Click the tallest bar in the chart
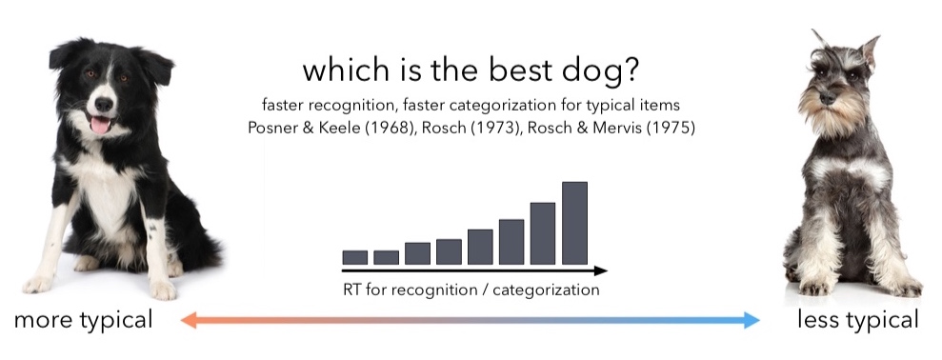(574, 223)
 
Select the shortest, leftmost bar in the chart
(354, 257)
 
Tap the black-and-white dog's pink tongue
(100, 125)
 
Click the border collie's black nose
(103, 105)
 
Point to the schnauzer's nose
(827, 97)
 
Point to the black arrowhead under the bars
(600, 271)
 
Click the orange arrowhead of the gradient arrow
(190, 320)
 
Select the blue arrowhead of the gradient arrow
(752, 320)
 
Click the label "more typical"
(83, 321)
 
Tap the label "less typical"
(858, 320)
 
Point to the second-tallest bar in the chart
(543, 233)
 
